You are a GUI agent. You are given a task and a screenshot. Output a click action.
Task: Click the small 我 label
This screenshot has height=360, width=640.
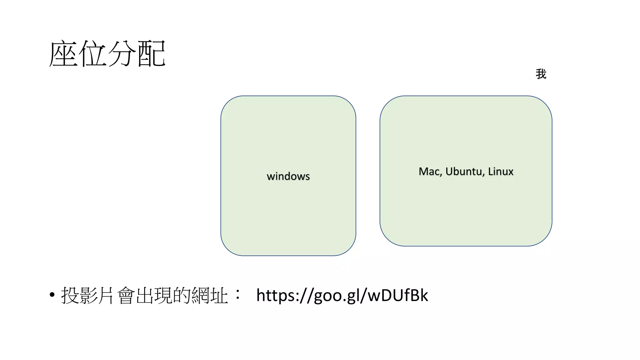(541, 74)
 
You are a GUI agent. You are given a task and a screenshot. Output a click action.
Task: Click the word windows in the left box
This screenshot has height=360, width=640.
(288, 176)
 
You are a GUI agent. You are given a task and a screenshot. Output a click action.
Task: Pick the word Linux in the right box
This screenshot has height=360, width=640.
(501, 172)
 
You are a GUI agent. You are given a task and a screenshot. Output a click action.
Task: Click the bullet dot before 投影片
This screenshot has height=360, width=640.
(52, 295)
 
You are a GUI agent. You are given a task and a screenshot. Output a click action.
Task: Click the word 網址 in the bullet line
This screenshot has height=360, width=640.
(210, 295)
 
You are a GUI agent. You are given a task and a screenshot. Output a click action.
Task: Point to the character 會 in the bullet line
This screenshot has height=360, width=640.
(127, 295)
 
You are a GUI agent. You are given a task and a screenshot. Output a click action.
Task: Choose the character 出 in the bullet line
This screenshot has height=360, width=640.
(145, 295)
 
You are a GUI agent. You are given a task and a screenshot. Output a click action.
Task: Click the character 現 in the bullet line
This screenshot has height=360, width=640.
(164, 295)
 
